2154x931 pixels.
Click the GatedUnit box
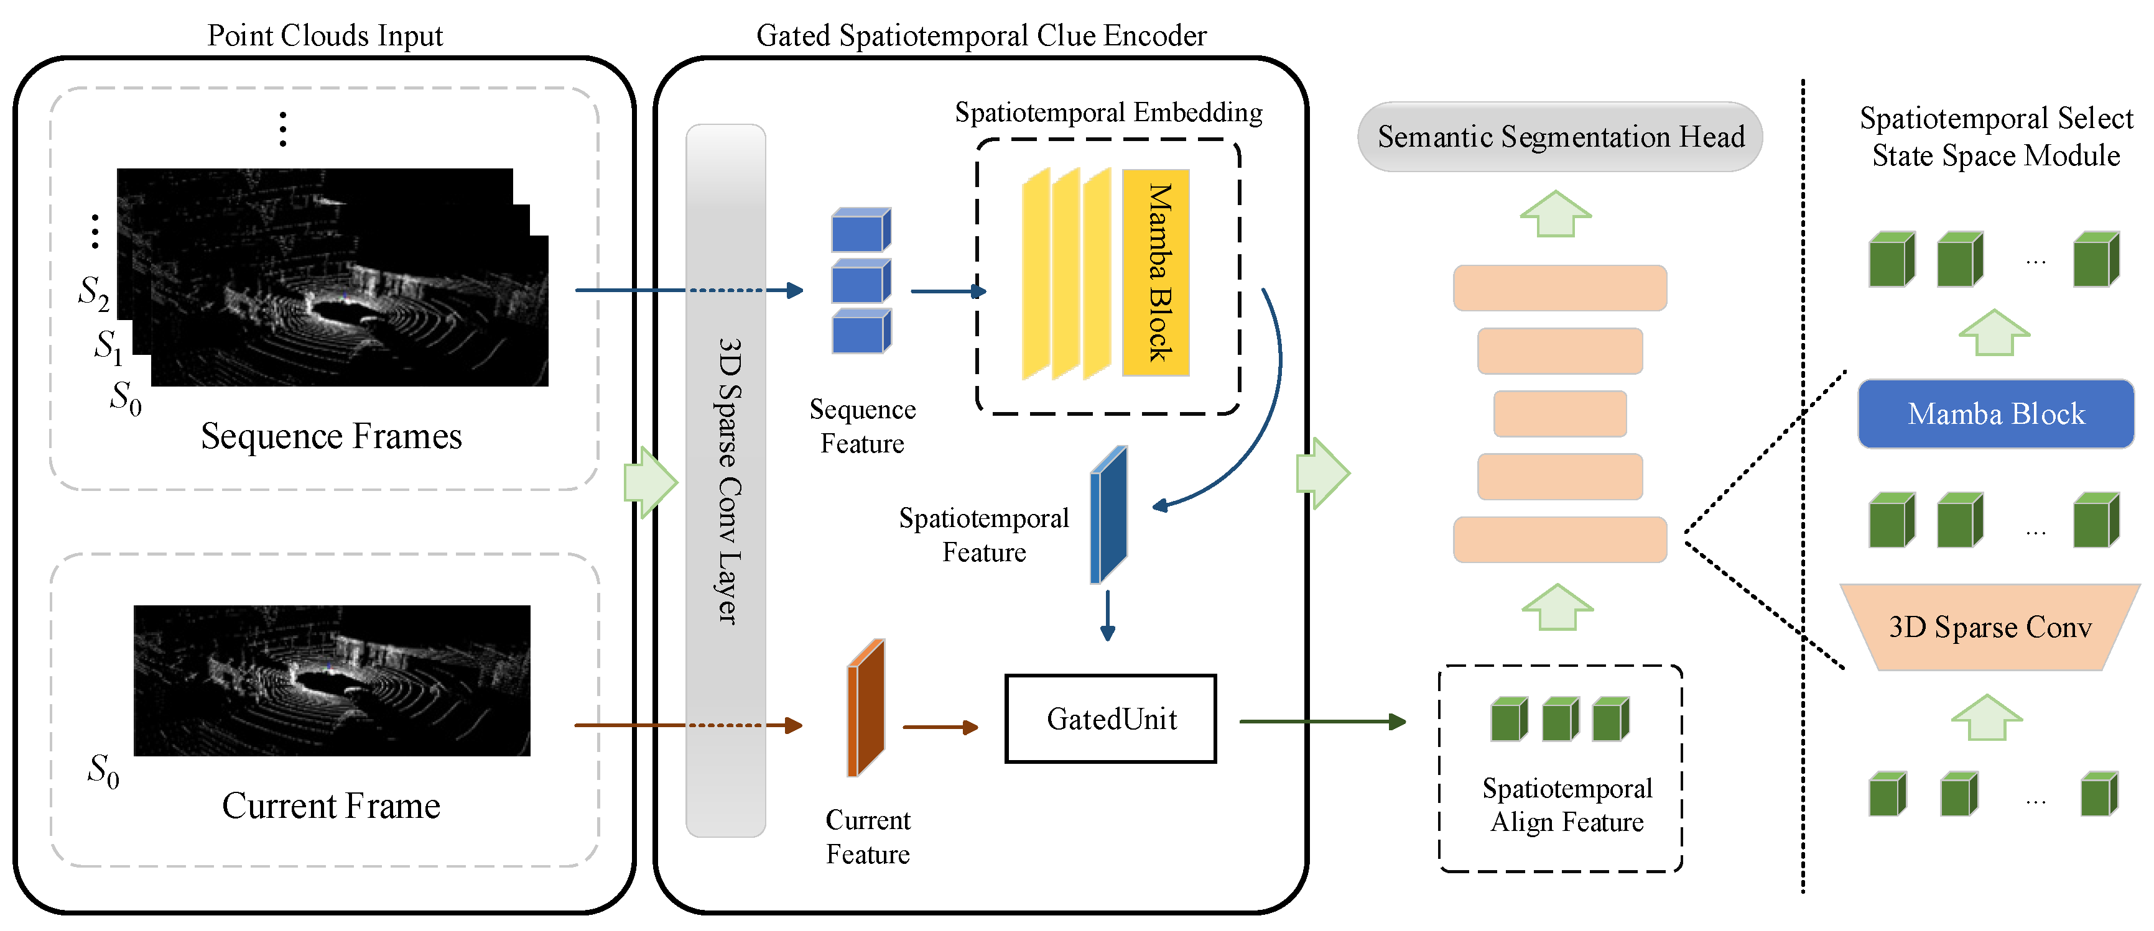click(1110, 718)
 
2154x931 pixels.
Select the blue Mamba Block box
click(1995, 414)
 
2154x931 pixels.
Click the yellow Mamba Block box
click(1156, 272)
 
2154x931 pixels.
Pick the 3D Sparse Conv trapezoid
click(1990, 627)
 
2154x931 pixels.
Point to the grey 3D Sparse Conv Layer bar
click(726, 480)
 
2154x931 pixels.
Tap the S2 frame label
click(94, 293)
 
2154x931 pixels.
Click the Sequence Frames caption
click(331, 436)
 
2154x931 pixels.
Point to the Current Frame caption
click(331, 805)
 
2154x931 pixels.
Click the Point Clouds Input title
click(325, 35)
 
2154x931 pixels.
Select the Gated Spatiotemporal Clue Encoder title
click(981, 35)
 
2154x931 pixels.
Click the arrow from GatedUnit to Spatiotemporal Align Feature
click(1323, 721)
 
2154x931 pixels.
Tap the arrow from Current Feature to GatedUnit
click(940, 727)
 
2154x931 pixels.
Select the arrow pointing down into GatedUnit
click(1108, 616)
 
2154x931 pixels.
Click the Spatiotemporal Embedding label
click(1109, 112)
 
